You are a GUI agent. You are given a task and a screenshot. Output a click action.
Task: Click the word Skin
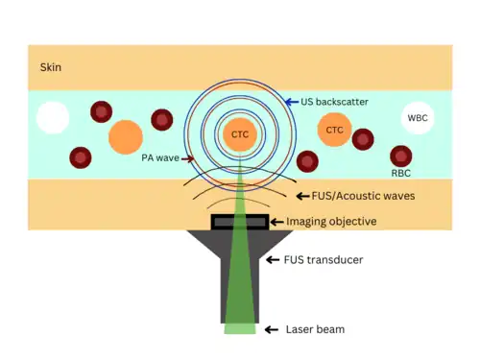click(51, 67)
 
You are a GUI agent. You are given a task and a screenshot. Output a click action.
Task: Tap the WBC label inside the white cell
click(418, 118)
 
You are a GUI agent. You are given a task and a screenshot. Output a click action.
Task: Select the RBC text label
click(400, 173)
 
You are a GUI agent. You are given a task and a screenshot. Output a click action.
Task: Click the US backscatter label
click(334, 102)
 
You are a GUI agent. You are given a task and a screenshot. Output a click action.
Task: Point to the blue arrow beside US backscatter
click(292, 102)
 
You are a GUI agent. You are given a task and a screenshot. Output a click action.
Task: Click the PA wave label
click(160, 157)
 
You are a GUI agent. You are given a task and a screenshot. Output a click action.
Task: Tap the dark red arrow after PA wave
click(187, 158)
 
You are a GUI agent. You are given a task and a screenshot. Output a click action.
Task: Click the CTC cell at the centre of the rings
click(240, 134)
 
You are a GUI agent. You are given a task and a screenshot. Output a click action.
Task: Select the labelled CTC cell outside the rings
click(334, 130)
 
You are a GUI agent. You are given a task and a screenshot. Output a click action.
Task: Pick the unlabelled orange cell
click(126, 137)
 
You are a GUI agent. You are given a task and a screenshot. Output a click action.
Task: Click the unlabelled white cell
click(53, 118)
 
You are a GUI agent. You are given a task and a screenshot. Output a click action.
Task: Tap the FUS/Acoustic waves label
click(363, 196)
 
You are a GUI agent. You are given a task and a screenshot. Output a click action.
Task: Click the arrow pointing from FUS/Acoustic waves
click(302, 196)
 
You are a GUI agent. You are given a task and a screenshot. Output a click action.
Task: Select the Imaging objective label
click(331, 222)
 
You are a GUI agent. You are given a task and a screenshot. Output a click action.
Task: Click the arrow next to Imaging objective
click(277, 222)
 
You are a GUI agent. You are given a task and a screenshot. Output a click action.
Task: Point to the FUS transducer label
click(324, 259)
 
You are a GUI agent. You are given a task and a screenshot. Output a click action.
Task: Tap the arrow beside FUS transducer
click(273, 260)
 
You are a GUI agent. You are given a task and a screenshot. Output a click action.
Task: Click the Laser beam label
click(315, 329)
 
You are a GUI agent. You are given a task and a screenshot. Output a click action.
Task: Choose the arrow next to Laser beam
click(272, 329)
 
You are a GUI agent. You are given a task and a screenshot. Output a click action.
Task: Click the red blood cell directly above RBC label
click(401, 156)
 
